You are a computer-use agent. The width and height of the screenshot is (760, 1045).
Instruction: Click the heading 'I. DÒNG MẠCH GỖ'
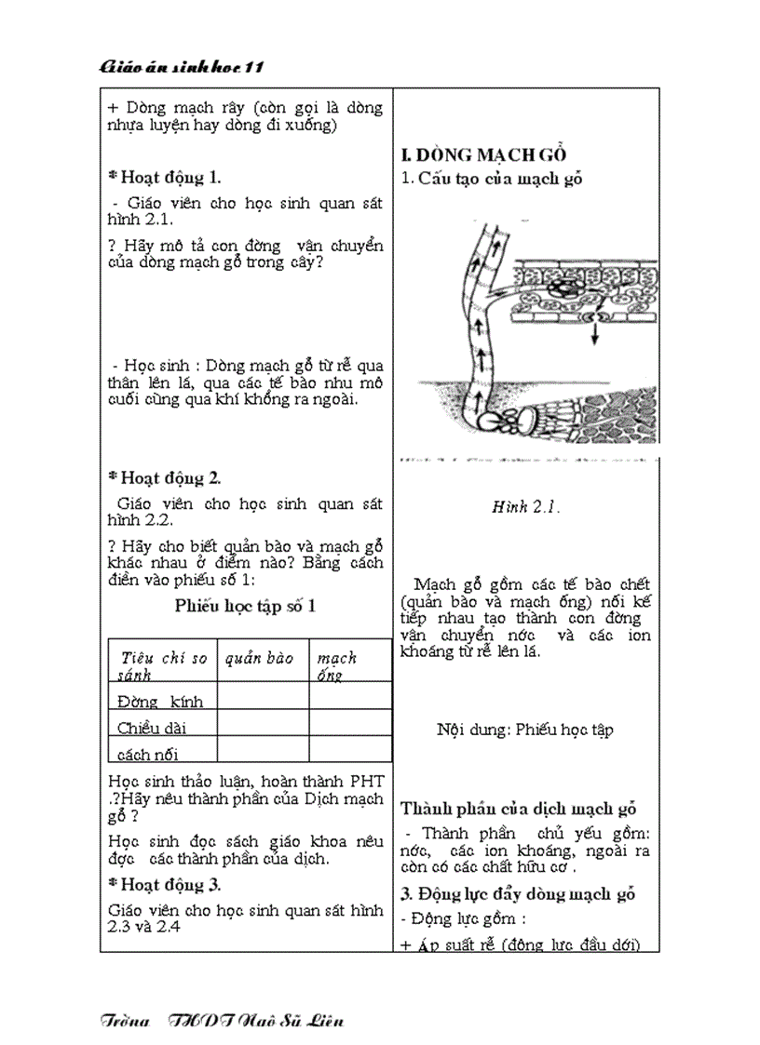click(x=483, y=155)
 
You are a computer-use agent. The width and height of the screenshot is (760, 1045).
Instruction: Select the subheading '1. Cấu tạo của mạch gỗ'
click(x=491, y=179)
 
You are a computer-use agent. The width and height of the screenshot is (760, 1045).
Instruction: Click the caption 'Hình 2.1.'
click(x=525, y=507)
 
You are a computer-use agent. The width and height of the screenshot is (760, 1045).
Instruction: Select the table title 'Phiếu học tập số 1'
click(x=246, y=606)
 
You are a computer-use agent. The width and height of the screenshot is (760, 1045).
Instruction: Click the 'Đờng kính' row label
click(x=160, y=701)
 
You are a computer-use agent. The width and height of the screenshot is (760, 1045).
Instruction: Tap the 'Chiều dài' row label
click(x=152, y=727)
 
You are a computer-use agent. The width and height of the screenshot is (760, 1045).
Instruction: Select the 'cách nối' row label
click(x=148, y=753)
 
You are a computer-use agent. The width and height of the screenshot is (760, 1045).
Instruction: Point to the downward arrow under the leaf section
click(x=596, y=333)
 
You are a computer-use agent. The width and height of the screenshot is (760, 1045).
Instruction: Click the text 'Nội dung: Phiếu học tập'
click(x=525, y=730)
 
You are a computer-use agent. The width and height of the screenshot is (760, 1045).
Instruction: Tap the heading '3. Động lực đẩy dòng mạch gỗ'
click(x=518, y=894)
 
